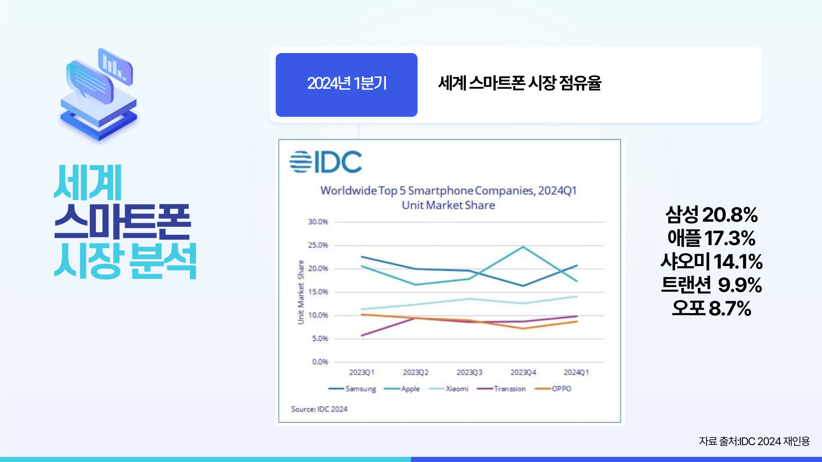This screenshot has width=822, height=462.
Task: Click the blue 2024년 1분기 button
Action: (346, 85)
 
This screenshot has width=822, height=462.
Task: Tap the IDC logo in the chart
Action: (325, 162)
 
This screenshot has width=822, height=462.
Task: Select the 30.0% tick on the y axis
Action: (318, 222)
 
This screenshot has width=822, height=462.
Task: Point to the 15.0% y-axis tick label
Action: (318, 292)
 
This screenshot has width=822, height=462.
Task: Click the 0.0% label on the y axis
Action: (319, 362)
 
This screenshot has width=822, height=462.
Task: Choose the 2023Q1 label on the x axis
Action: (362, 372)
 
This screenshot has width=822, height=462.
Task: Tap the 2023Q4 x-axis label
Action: (523, 372)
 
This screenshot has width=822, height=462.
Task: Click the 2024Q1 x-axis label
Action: (576, 372)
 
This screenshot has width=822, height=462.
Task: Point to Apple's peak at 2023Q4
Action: (523, 247)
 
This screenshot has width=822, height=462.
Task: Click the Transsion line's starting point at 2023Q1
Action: (362, 335)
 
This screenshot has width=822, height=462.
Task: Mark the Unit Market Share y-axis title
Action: (301, 292)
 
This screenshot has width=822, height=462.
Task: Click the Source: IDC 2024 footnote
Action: (319, 409)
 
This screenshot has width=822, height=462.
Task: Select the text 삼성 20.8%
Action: (711, 214)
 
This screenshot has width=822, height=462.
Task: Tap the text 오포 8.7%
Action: (711, 308)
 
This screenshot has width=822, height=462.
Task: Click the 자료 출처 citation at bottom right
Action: (754, 441)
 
